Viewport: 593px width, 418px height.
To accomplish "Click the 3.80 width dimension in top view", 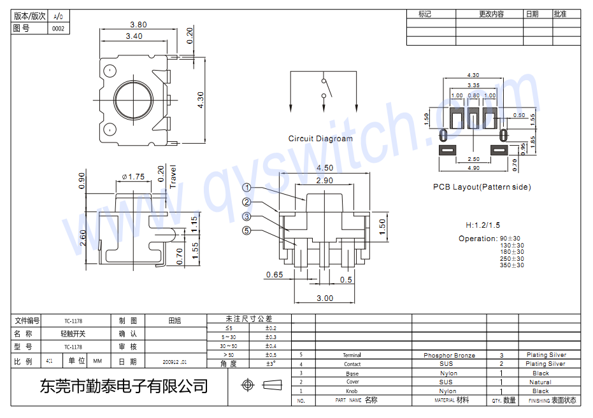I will pyautogui.click(x=138, y=25).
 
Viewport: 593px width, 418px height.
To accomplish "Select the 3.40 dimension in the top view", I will pyautogui.click(x=134, y=36).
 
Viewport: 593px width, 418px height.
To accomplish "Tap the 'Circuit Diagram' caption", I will pyautogui.click(x=320, y=139).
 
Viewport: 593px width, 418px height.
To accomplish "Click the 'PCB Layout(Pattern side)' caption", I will pyautogui.click(x=482, y=187).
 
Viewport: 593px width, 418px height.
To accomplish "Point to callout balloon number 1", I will pyautogui.click(x=246, y=188).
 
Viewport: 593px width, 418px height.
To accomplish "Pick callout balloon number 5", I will pyautogui.click(x=246, y=231).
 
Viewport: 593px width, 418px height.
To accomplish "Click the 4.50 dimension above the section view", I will pyautogui.click(x=324, y=168).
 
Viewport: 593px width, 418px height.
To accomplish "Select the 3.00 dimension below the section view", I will pyautogui.click(x=325, y=298).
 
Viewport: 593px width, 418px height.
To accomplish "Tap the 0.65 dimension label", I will pyautogui.click(x=275, y=275).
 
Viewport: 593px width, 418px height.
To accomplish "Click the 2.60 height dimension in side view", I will pyautogui.click(x=82, y=239).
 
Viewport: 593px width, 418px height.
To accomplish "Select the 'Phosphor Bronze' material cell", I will pyautogui.click(x=449, y=355).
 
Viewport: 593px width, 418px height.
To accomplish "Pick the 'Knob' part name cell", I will pyautogui.click(x=352, y=391).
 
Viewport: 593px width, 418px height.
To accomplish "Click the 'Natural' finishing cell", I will pyautogui.click(x=540, y=382).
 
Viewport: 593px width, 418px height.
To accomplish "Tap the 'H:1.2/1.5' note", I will pyautogui.click(x=483, y=225).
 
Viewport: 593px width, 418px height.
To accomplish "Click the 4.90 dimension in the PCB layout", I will pyautogui.click(x=473, y=168).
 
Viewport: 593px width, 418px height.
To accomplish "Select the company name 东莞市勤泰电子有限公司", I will pyautogui.click(x=124, y=386).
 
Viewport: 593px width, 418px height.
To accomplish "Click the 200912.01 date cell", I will pyautogui.click(x=175, y=361).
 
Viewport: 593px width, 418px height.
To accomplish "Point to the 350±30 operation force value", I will pyautogui.click(x=512, y=265).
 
